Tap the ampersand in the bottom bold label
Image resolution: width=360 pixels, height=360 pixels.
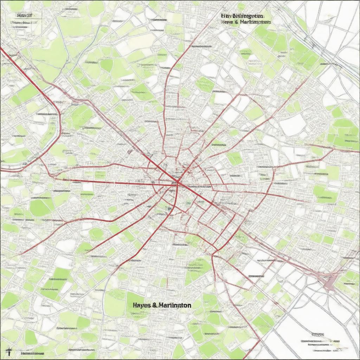(x=155, y=305)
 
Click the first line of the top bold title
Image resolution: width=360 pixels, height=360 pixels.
(x=243, y=16)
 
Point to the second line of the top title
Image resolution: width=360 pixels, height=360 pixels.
(x=246, y=22)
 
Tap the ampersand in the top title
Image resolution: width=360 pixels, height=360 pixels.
(x=237, y=22)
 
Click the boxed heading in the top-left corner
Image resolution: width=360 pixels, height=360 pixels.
(x=25, y=15)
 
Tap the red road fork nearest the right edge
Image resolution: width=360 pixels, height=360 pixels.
(x=332, y=149)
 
